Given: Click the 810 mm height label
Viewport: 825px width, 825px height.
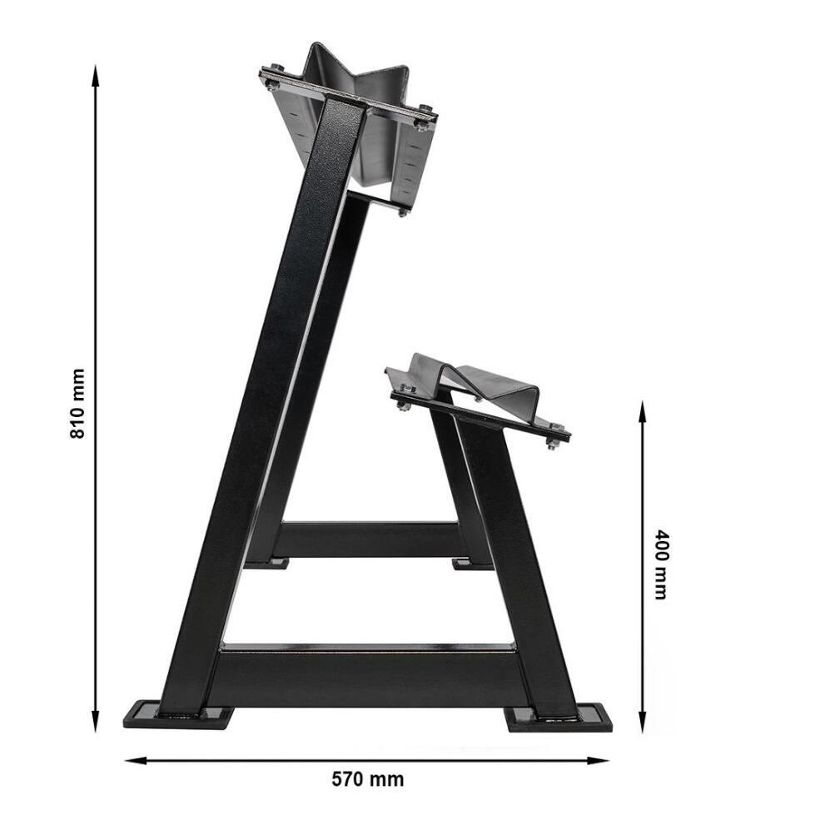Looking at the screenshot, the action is [77, 404].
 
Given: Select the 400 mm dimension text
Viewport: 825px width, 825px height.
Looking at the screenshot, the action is [660, 564].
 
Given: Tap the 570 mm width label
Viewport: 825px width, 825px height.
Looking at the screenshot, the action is [368, 779].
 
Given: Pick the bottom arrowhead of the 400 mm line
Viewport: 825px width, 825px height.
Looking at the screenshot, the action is [642, 721].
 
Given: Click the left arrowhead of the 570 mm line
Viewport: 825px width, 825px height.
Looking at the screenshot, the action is [136, 760].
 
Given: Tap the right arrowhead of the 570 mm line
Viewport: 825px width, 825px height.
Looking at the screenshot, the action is [599, 760].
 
